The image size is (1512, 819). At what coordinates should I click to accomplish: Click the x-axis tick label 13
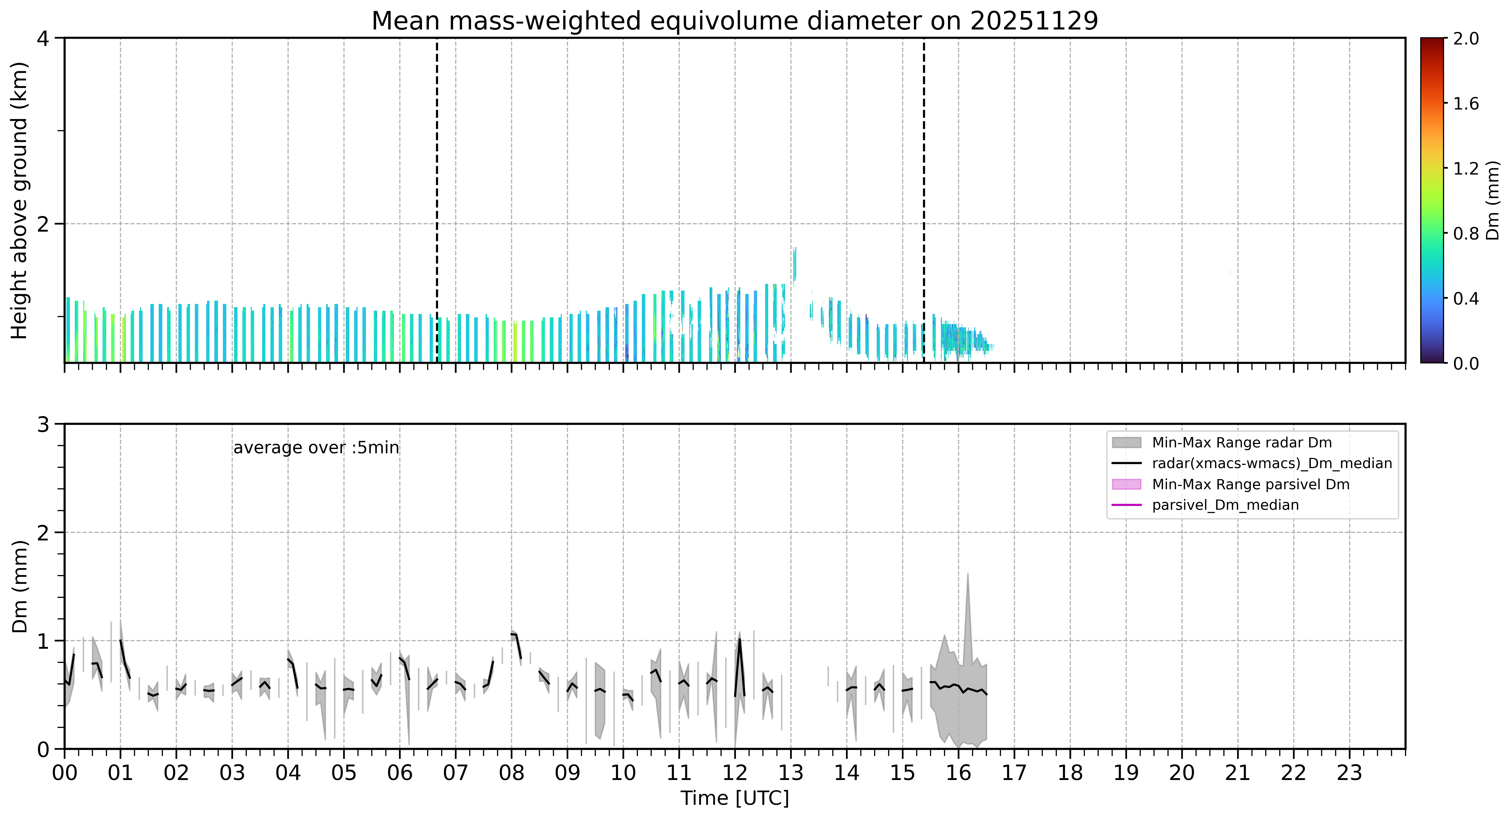coord(791,773)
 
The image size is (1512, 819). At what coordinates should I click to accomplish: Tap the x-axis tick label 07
coord(456,773)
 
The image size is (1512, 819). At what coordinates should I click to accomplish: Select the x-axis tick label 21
coord(1237,773)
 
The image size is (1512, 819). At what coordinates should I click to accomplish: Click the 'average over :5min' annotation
coord(316,448)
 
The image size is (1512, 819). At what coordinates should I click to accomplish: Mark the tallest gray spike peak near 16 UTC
coord(967,574)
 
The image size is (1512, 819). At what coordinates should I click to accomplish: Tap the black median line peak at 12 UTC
coord(740,639)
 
